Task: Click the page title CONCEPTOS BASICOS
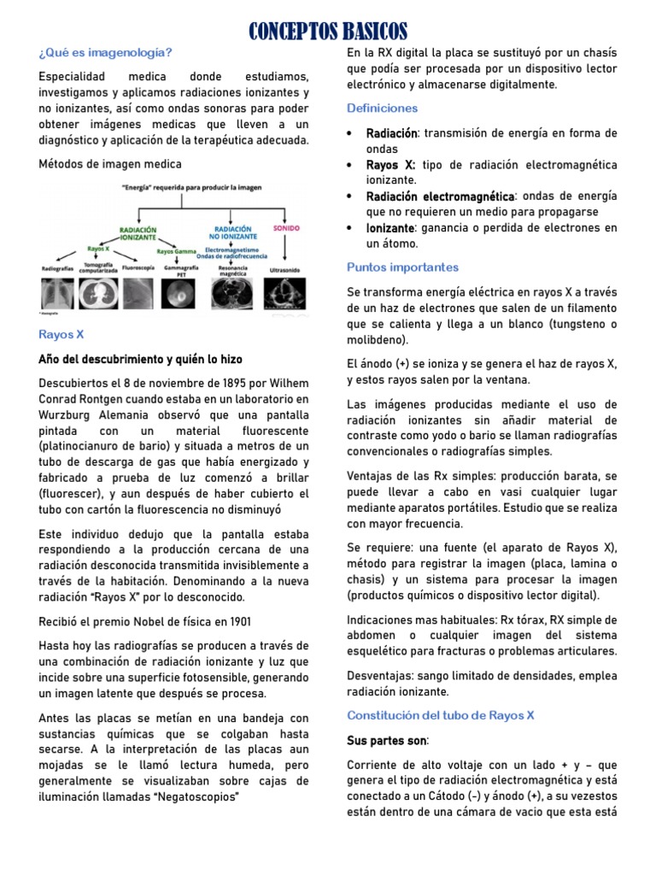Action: (328, 32)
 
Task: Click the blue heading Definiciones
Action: (382, 109)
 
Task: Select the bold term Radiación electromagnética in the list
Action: (441, 197)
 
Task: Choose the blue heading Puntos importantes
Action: (402, 267)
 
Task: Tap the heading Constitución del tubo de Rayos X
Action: (440, 715)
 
